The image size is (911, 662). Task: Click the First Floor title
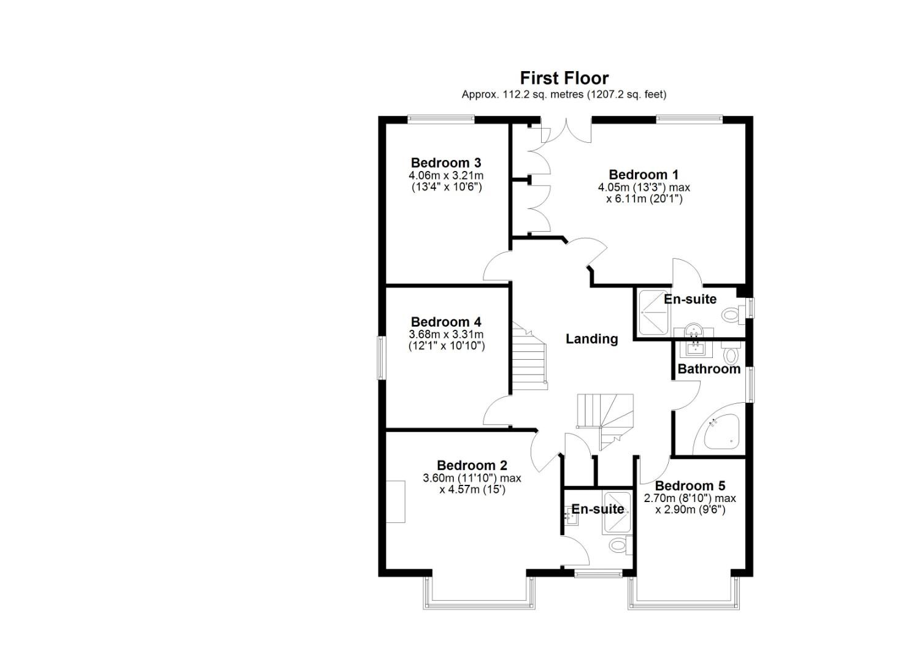pyautogui.click(x=564, y=78)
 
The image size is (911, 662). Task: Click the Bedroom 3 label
pyautogui.click(x=446, y=163)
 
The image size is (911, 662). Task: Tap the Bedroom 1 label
pyautogui.click(x=644, y=175)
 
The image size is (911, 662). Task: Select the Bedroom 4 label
pyautogui.click(x=446, y=322)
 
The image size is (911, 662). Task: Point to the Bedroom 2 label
pyautogui.click(x=472, y=466)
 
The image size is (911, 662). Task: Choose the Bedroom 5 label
pyautogui.click(x=690, y=486)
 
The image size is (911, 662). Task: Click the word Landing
pyautogui.click(x=591, y=339)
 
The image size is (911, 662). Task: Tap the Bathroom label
pyautogui.click(x=709, y=369)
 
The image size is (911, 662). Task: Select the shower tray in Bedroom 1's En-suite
pyautogui.click(x=654, y=312)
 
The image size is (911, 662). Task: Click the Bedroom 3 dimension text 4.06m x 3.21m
pyautogui.click(x=446, y=176)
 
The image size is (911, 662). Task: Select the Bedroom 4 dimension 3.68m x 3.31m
pyautogui.click(x=446, y=335)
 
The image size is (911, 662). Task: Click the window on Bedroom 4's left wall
pyautogui.click(x=380, y=357)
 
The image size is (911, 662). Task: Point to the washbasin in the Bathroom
pyautogui.click(x=695, y=348)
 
